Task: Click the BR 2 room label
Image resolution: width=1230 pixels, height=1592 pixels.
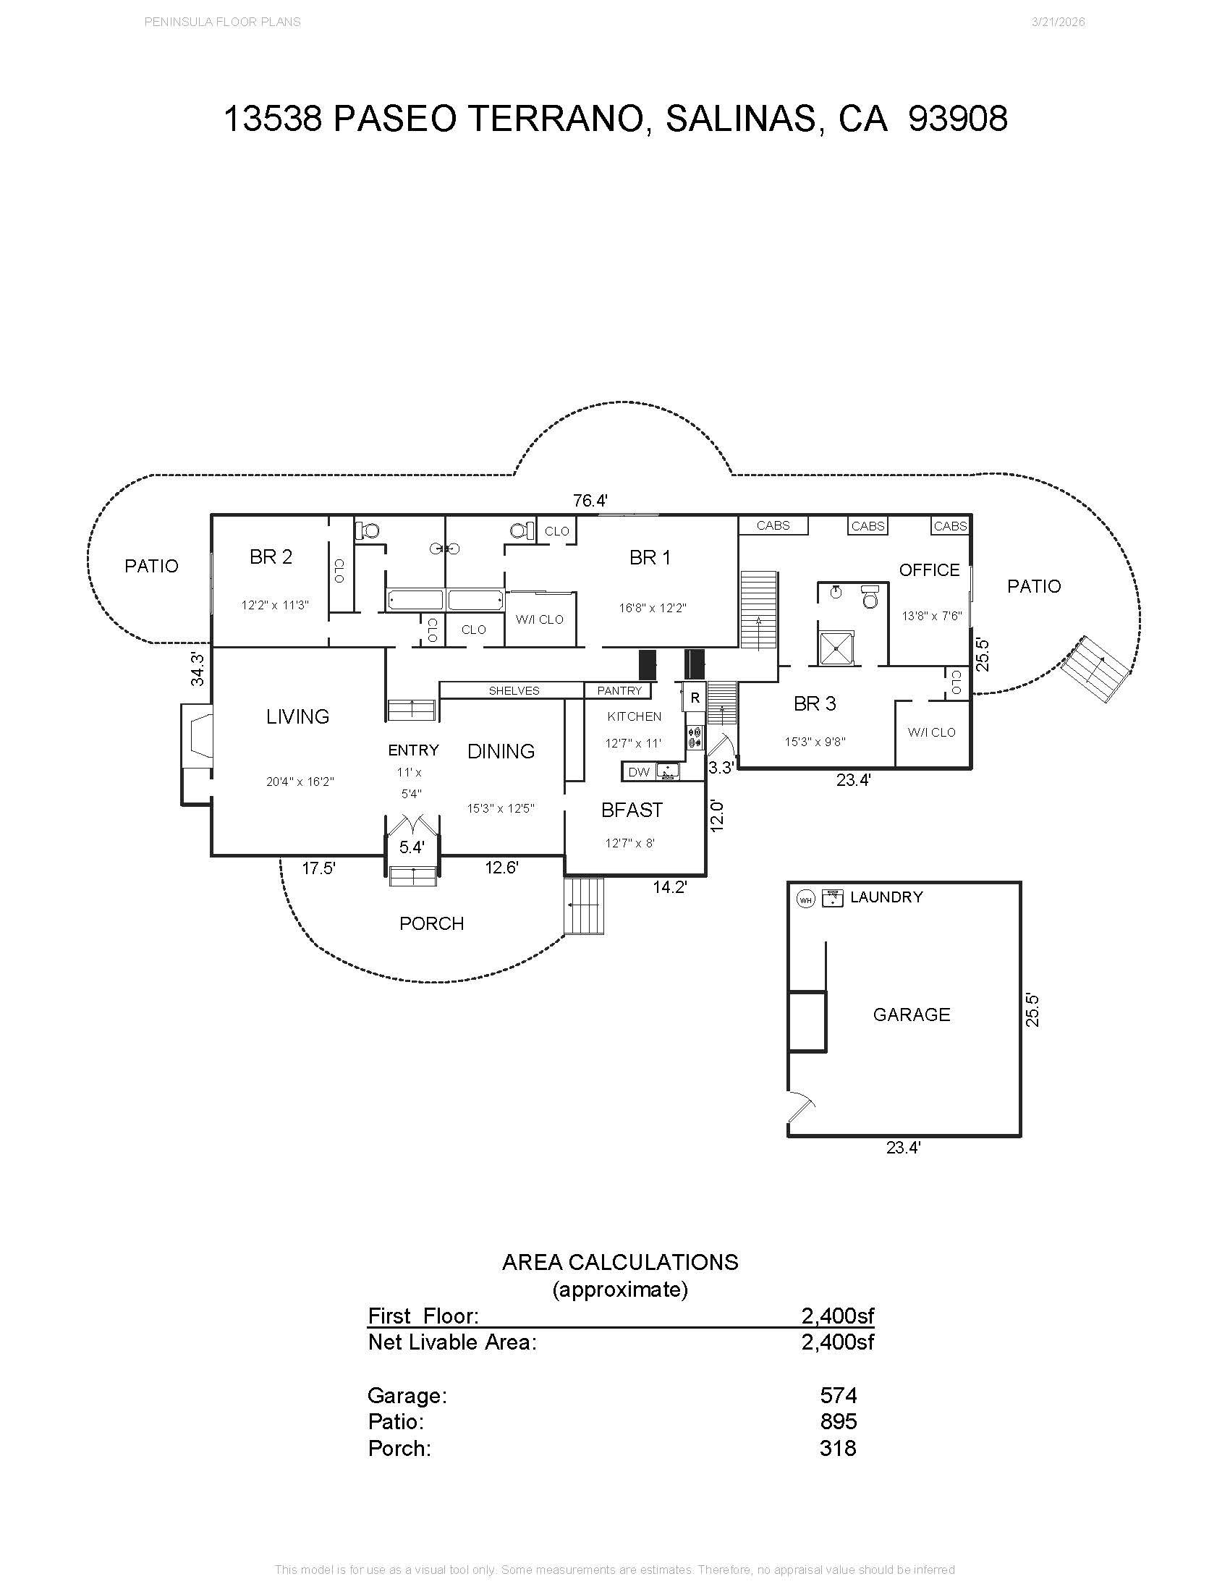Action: click(271, 557)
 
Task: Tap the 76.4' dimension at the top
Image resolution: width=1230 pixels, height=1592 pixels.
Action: click(590, 501)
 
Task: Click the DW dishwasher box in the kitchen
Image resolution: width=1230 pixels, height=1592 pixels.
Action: click(638, 772)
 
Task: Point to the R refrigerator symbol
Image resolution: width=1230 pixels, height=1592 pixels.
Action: click(695, 698)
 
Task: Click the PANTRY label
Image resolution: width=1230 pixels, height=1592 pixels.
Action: click(619, 690)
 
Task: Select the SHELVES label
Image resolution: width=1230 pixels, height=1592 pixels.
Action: click(514, 690)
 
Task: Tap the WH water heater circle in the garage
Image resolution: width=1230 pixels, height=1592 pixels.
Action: click(805, 899)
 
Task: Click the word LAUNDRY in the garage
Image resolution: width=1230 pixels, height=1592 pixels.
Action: click(886, 897)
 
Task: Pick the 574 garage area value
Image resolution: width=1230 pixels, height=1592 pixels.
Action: click(838, 1395)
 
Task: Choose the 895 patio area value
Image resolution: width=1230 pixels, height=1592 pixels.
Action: click(838, 1421)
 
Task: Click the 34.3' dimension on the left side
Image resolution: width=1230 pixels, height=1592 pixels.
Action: click(198, 669)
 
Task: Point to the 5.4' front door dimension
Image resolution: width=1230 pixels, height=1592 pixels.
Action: click(412, 847)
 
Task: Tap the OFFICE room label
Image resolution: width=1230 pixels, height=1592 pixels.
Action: click(929, 570)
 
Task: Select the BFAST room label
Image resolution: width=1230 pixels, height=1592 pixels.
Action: click(632, 810)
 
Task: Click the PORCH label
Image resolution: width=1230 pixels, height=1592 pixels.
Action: click(431, 923)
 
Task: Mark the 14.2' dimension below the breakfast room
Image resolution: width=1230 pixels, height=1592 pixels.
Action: click(670, 887)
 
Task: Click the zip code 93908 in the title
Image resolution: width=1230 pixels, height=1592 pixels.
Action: click(958, 119)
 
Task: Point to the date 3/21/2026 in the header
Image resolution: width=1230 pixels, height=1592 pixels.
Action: click(1058, 22)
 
